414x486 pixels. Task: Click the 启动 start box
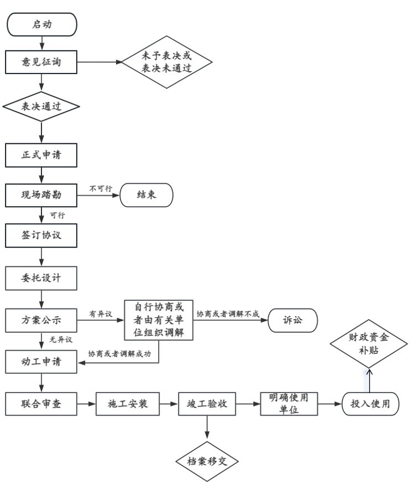[41, 24]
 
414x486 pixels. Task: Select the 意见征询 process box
[41, 62]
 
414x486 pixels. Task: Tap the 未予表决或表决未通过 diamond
[167, 62]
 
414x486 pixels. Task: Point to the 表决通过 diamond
[41, 106]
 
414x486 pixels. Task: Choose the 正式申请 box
[41, 155]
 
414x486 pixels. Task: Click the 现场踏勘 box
[41, 195]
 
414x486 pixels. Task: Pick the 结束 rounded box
[146, 195]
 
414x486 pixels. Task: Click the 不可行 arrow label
[101, 189]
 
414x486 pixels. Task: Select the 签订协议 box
[41, 236]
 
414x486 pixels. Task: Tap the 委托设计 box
[41, 278]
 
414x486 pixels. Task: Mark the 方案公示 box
[41, 320]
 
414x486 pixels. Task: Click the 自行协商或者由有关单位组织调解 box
[159, 320]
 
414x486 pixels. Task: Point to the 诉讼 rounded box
[293, 320]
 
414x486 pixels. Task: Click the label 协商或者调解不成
[228, 314]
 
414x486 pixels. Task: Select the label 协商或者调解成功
[119, 354]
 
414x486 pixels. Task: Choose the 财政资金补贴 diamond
[369, 344]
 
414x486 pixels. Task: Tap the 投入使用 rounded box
[370, 404]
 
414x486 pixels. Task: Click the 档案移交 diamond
[207, 462]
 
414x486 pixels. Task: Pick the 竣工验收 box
[207, 404]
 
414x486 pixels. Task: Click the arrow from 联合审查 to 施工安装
[86, 404]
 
